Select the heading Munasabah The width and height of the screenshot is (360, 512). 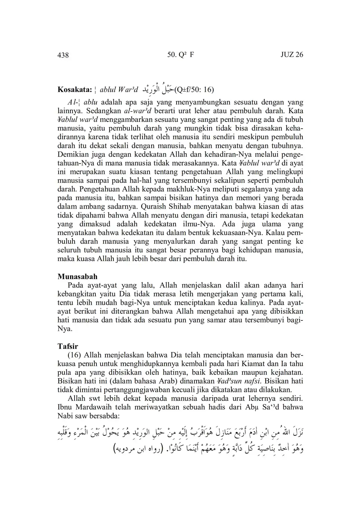point(77,277)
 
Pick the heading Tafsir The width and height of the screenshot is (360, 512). point(68,346)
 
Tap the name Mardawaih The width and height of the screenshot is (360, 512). point(90,407)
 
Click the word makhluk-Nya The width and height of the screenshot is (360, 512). point(202,189)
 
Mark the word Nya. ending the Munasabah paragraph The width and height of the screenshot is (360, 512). point(64,328)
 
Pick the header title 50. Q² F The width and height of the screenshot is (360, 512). point(180,55)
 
